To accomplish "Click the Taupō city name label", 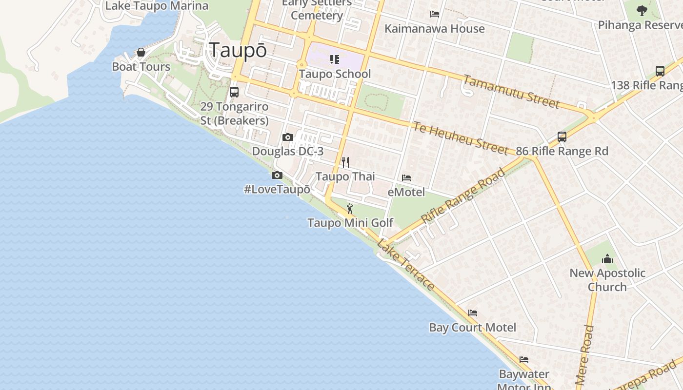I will (x=238, y=50).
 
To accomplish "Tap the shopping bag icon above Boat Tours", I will (x=141, y=52).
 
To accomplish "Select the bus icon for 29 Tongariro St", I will (x=234, y=92).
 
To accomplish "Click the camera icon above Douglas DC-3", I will (x=288, y=137).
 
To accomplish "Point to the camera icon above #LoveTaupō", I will (x=277, y=175).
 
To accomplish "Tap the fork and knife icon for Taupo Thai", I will (x=345, y=162).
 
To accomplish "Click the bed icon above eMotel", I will (x=406, y=178).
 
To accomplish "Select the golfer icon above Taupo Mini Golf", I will (x=350, y=209).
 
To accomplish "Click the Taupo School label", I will (x=335, y=74).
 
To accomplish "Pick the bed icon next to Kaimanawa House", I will (x=435, y=14).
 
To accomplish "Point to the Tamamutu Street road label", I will (x=511, y=92).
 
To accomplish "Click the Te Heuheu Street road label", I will (x=461, y=138).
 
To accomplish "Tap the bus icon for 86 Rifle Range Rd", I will (x=562, y=137).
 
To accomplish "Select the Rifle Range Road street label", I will (x=463, y=196).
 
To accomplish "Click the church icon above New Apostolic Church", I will (x=607, y=258).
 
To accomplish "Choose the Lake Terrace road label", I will (x=406, y=266).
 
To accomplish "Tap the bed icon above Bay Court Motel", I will (x=473, y=313).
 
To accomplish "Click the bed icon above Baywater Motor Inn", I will (x=524, y=360).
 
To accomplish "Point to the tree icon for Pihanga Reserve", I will (x=642, y=10).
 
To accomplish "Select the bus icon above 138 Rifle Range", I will (x=660, y=71).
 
